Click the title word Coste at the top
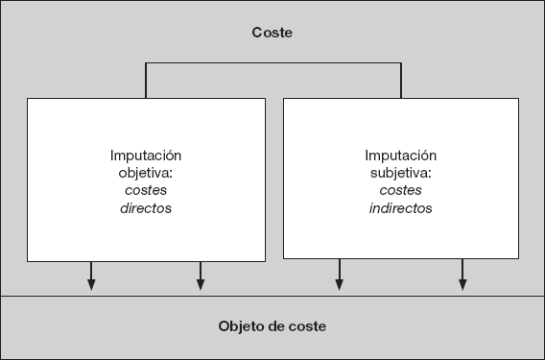(272, 33)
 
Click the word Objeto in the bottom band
(242, 326)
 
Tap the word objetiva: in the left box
(146, 173)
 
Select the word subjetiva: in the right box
(400, 173)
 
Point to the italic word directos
(146, 207)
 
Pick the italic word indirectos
(400, 207)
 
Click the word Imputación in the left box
(146, 156)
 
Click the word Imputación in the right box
(400, 156)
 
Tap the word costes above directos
(146, 190)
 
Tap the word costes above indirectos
(400, 190)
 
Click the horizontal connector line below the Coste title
(272, 63)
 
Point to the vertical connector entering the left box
(146, 81)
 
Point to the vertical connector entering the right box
(401, 81)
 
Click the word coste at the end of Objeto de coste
(308, 326)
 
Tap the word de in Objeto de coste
(276, 326)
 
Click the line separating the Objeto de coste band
(272, 297)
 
